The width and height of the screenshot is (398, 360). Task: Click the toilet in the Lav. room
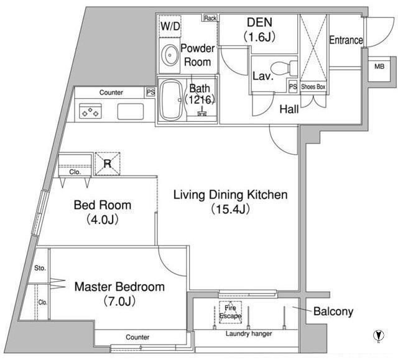[284, 68]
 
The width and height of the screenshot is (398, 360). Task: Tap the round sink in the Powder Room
[169, 55]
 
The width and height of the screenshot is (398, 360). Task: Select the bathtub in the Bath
[171, 101]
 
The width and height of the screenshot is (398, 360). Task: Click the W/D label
[170, 26]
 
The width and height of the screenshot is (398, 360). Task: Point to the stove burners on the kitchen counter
[90, 111]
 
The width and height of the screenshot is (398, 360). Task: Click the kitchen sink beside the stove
[131, 112]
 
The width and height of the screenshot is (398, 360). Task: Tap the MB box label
[379, 67]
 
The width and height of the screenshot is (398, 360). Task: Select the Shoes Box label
[313, 87]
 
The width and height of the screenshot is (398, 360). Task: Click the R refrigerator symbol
[108, 164]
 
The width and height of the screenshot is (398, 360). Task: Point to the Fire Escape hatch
[230, 312]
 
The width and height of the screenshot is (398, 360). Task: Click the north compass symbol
[379, 335]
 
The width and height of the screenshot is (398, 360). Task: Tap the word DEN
[259, 22]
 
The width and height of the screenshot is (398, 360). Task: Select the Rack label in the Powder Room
[210, 18]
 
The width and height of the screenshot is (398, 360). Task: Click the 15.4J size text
[230, 209]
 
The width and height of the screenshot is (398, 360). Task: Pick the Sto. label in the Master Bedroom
[40, 268]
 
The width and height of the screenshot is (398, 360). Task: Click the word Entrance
[346, 40]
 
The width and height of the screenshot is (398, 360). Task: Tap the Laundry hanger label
[249, 334]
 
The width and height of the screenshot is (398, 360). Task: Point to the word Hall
[289, 109]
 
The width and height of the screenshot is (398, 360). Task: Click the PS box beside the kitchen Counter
[150, 92]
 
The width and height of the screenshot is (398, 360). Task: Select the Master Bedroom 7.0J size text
[119, 302]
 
